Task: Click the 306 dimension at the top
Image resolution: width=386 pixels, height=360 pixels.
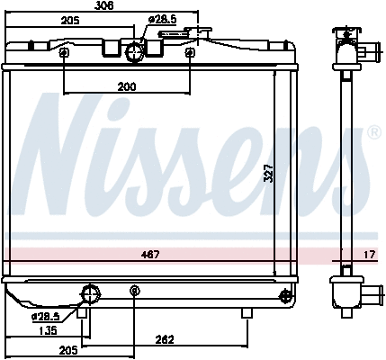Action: tap(104, 5)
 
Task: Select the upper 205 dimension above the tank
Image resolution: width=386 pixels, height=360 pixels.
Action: tap(70, 21)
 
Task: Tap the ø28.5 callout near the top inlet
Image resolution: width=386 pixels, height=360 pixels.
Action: tap(163, 20)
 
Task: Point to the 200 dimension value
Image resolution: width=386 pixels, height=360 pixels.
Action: tap(127, 87)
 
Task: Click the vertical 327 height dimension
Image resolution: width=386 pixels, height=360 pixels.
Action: tap(269, 173)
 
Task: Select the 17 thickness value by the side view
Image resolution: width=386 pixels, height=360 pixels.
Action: tap(369, 255)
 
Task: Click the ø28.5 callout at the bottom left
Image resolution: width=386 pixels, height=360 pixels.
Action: tap(46, 317)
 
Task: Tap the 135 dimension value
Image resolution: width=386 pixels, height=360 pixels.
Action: tap(48, 330)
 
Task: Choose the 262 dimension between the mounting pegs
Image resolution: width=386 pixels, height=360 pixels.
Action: tap(165, 340)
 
